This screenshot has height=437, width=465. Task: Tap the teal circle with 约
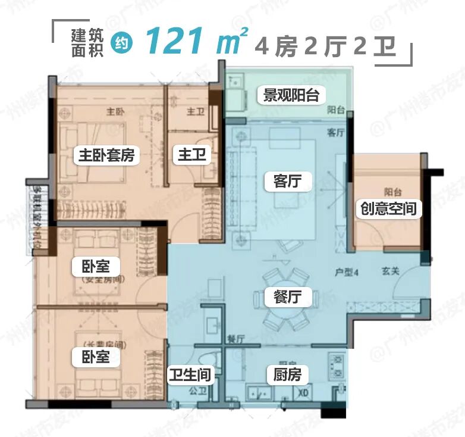click(122, 43)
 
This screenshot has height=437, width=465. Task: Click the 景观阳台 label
click(291, 95)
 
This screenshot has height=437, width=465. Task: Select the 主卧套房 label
click(107, 156)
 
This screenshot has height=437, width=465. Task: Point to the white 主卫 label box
click(191, 156)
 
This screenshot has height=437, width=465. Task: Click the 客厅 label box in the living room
click(289, 182)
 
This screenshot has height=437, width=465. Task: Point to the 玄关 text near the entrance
click(390, 273)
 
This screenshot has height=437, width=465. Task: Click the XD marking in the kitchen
click(303, 392)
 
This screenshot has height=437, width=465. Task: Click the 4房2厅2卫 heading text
click(325, 46)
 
